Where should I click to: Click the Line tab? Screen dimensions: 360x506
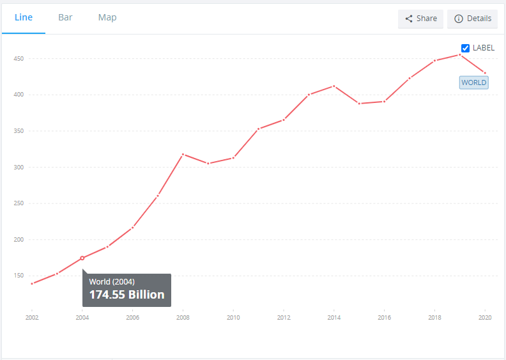point(24,17)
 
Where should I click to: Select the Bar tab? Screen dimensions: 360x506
point(65,17)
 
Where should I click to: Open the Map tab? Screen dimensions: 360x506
point(107,17)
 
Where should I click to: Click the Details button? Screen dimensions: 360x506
point(473,19)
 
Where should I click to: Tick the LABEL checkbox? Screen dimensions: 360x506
point(466,48)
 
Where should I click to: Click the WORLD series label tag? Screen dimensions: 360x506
point(474,82)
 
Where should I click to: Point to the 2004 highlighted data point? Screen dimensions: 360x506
point(82,258)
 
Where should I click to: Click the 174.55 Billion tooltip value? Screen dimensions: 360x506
point(126,295)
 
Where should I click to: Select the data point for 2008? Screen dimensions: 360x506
point(183,154)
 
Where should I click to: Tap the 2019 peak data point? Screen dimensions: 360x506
point(460,54)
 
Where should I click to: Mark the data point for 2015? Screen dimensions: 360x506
point(359,104)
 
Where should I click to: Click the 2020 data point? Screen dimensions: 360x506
point(485,73)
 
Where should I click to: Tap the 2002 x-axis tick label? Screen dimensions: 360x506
point(32,317)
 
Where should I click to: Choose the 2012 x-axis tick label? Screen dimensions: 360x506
point(284,317)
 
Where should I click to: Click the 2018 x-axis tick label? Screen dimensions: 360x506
point(434,317)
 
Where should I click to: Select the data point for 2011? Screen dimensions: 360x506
point(259,129)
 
